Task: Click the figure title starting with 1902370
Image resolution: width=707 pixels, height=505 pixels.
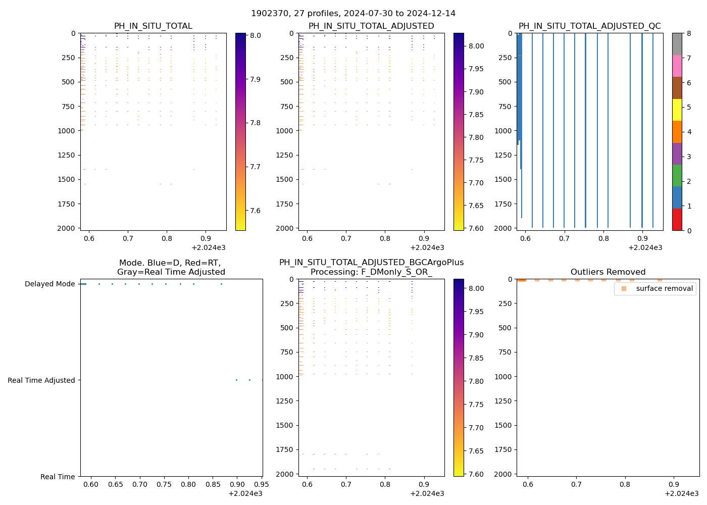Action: coord(353,13)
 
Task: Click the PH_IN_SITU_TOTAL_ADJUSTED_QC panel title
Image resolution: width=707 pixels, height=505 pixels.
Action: coord(589,26)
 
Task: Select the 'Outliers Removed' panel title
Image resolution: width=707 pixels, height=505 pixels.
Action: coord(608,272)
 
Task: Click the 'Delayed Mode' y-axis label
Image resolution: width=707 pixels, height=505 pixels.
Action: coord(49,284)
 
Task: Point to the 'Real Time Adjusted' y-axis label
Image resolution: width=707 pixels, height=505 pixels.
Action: coord(41,380)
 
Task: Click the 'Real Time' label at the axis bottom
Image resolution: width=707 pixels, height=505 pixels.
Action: coord(58,477)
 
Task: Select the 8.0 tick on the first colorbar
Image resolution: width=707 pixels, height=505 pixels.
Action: coord(255,35)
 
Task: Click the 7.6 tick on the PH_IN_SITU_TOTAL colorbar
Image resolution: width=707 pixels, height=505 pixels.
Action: coord(255,210)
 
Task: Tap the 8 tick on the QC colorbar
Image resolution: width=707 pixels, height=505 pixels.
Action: coord(688,33)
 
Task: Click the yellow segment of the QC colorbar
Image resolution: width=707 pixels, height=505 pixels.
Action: coord(677,110)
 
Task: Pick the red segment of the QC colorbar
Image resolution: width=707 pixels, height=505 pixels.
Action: coord(677,219)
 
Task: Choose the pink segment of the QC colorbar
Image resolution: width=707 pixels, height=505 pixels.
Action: coord(677,66)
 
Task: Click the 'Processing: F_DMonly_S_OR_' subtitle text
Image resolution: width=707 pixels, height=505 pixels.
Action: coord(371,272)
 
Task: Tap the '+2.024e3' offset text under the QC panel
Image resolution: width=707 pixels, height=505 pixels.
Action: coord(645,247)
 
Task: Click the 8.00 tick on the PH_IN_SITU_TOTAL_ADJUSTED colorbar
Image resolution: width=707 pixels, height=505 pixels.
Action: coord(476,46)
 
